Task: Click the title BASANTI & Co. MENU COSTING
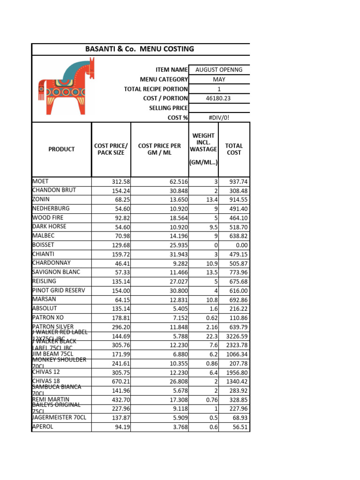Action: (139, 49)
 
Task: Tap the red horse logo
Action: (66, 86)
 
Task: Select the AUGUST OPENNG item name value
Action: (219, 70)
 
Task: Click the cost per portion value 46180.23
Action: (219, 98)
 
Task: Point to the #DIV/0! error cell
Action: (219, 118)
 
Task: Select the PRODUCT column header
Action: (61, 149)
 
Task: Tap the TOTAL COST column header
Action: (234, 149)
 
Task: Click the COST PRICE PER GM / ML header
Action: (159, 149)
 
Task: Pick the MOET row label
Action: (40, 181)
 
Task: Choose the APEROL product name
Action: (43, 427)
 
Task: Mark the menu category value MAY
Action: (219, 80)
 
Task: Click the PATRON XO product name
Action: (48, 317)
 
